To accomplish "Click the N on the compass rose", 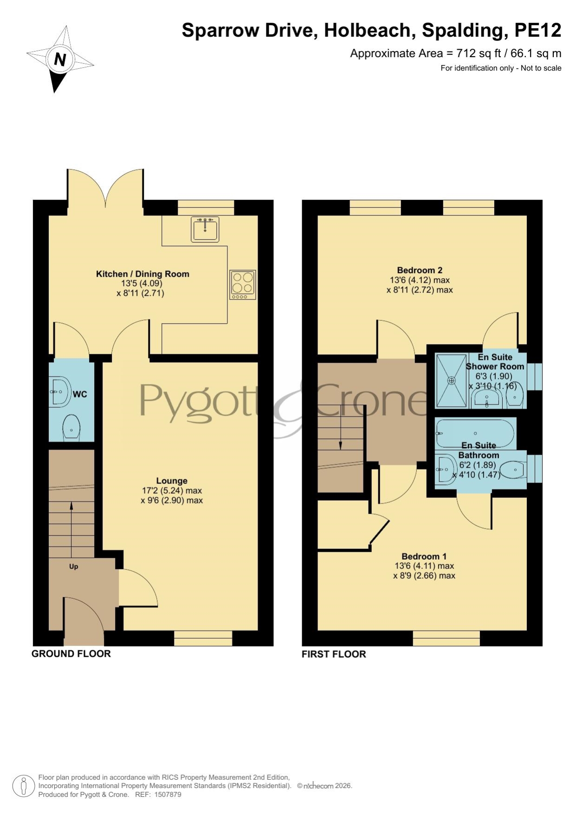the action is (x=60, y=59).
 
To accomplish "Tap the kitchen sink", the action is (x=205, y=229).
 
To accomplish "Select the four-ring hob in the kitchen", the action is (x=242, y=285).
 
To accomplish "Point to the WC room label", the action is (x=80, y=394).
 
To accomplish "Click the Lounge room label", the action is (x=172, y=481).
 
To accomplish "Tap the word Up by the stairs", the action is (x=73, y=567).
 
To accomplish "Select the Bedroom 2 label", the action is (x=420, y=270).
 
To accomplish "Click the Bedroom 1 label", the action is (x=424, y=556).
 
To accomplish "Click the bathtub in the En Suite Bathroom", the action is (x=475, y=434).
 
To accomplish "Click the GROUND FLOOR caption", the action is (x=71, y=653).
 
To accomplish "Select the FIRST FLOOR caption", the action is (x=334, y=654).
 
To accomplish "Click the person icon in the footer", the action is (x=23, y=786).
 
